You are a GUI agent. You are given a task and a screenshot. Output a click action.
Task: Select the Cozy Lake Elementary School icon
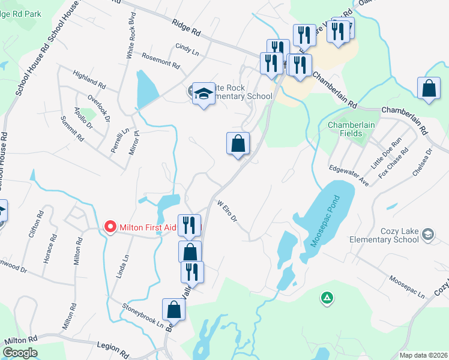pos(428,233)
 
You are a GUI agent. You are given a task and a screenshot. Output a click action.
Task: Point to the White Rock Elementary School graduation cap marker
pos(203,94)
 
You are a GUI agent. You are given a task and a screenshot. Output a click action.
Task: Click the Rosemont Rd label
pos(161,59)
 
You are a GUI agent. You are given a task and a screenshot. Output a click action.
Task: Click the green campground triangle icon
pos(327,297)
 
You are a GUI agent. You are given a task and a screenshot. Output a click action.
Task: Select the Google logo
pos(20,353)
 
